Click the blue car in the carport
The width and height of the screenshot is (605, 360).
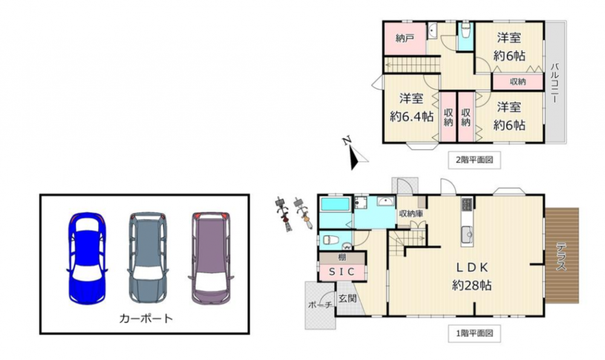(87, 258)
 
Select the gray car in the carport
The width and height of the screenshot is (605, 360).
(148, 258)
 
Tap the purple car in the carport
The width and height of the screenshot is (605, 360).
(211, 258)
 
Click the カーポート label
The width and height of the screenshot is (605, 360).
(146, 319)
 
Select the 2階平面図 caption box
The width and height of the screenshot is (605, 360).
(474, 160)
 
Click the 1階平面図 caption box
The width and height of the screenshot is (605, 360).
(474, 333)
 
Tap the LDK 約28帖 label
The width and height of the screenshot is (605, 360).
(472, 277)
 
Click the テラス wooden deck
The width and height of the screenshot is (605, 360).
(562, 255)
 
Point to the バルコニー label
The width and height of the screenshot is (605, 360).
(555, 82)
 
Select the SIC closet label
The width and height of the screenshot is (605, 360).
(341, 272)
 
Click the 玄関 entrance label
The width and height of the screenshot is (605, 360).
(348, 298)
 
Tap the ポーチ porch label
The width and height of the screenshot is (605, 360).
(320, 305)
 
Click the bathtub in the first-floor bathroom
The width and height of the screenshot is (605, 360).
(335, 204)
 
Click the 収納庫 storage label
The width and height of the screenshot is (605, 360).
(411, 214)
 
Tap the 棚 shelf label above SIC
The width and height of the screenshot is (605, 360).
(342, 257)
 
